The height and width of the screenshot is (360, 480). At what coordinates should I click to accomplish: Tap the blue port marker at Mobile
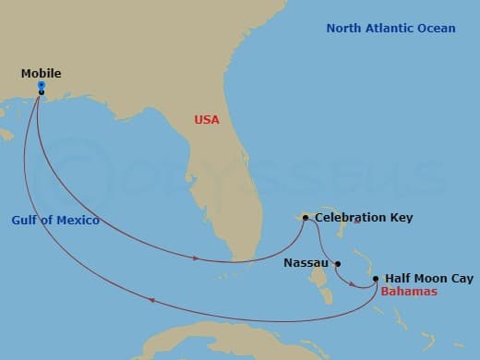pos(42,86)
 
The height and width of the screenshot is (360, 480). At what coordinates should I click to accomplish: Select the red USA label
pos(207,119)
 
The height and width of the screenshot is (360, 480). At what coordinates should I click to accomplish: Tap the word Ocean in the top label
pos(438,29)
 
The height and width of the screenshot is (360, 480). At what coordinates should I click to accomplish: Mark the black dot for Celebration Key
pos(306,218)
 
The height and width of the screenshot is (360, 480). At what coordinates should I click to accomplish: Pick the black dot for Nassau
pos(338,262)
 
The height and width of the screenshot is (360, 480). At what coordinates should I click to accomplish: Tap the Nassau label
pos(306,262)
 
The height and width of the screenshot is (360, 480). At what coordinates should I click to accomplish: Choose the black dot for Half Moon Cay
pos(376,278)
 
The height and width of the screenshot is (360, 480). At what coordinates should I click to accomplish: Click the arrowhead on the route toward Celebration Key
pos(198,258)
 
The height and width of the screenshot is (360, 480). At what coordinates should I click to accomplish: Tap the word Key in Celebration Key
pos(402,218)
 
